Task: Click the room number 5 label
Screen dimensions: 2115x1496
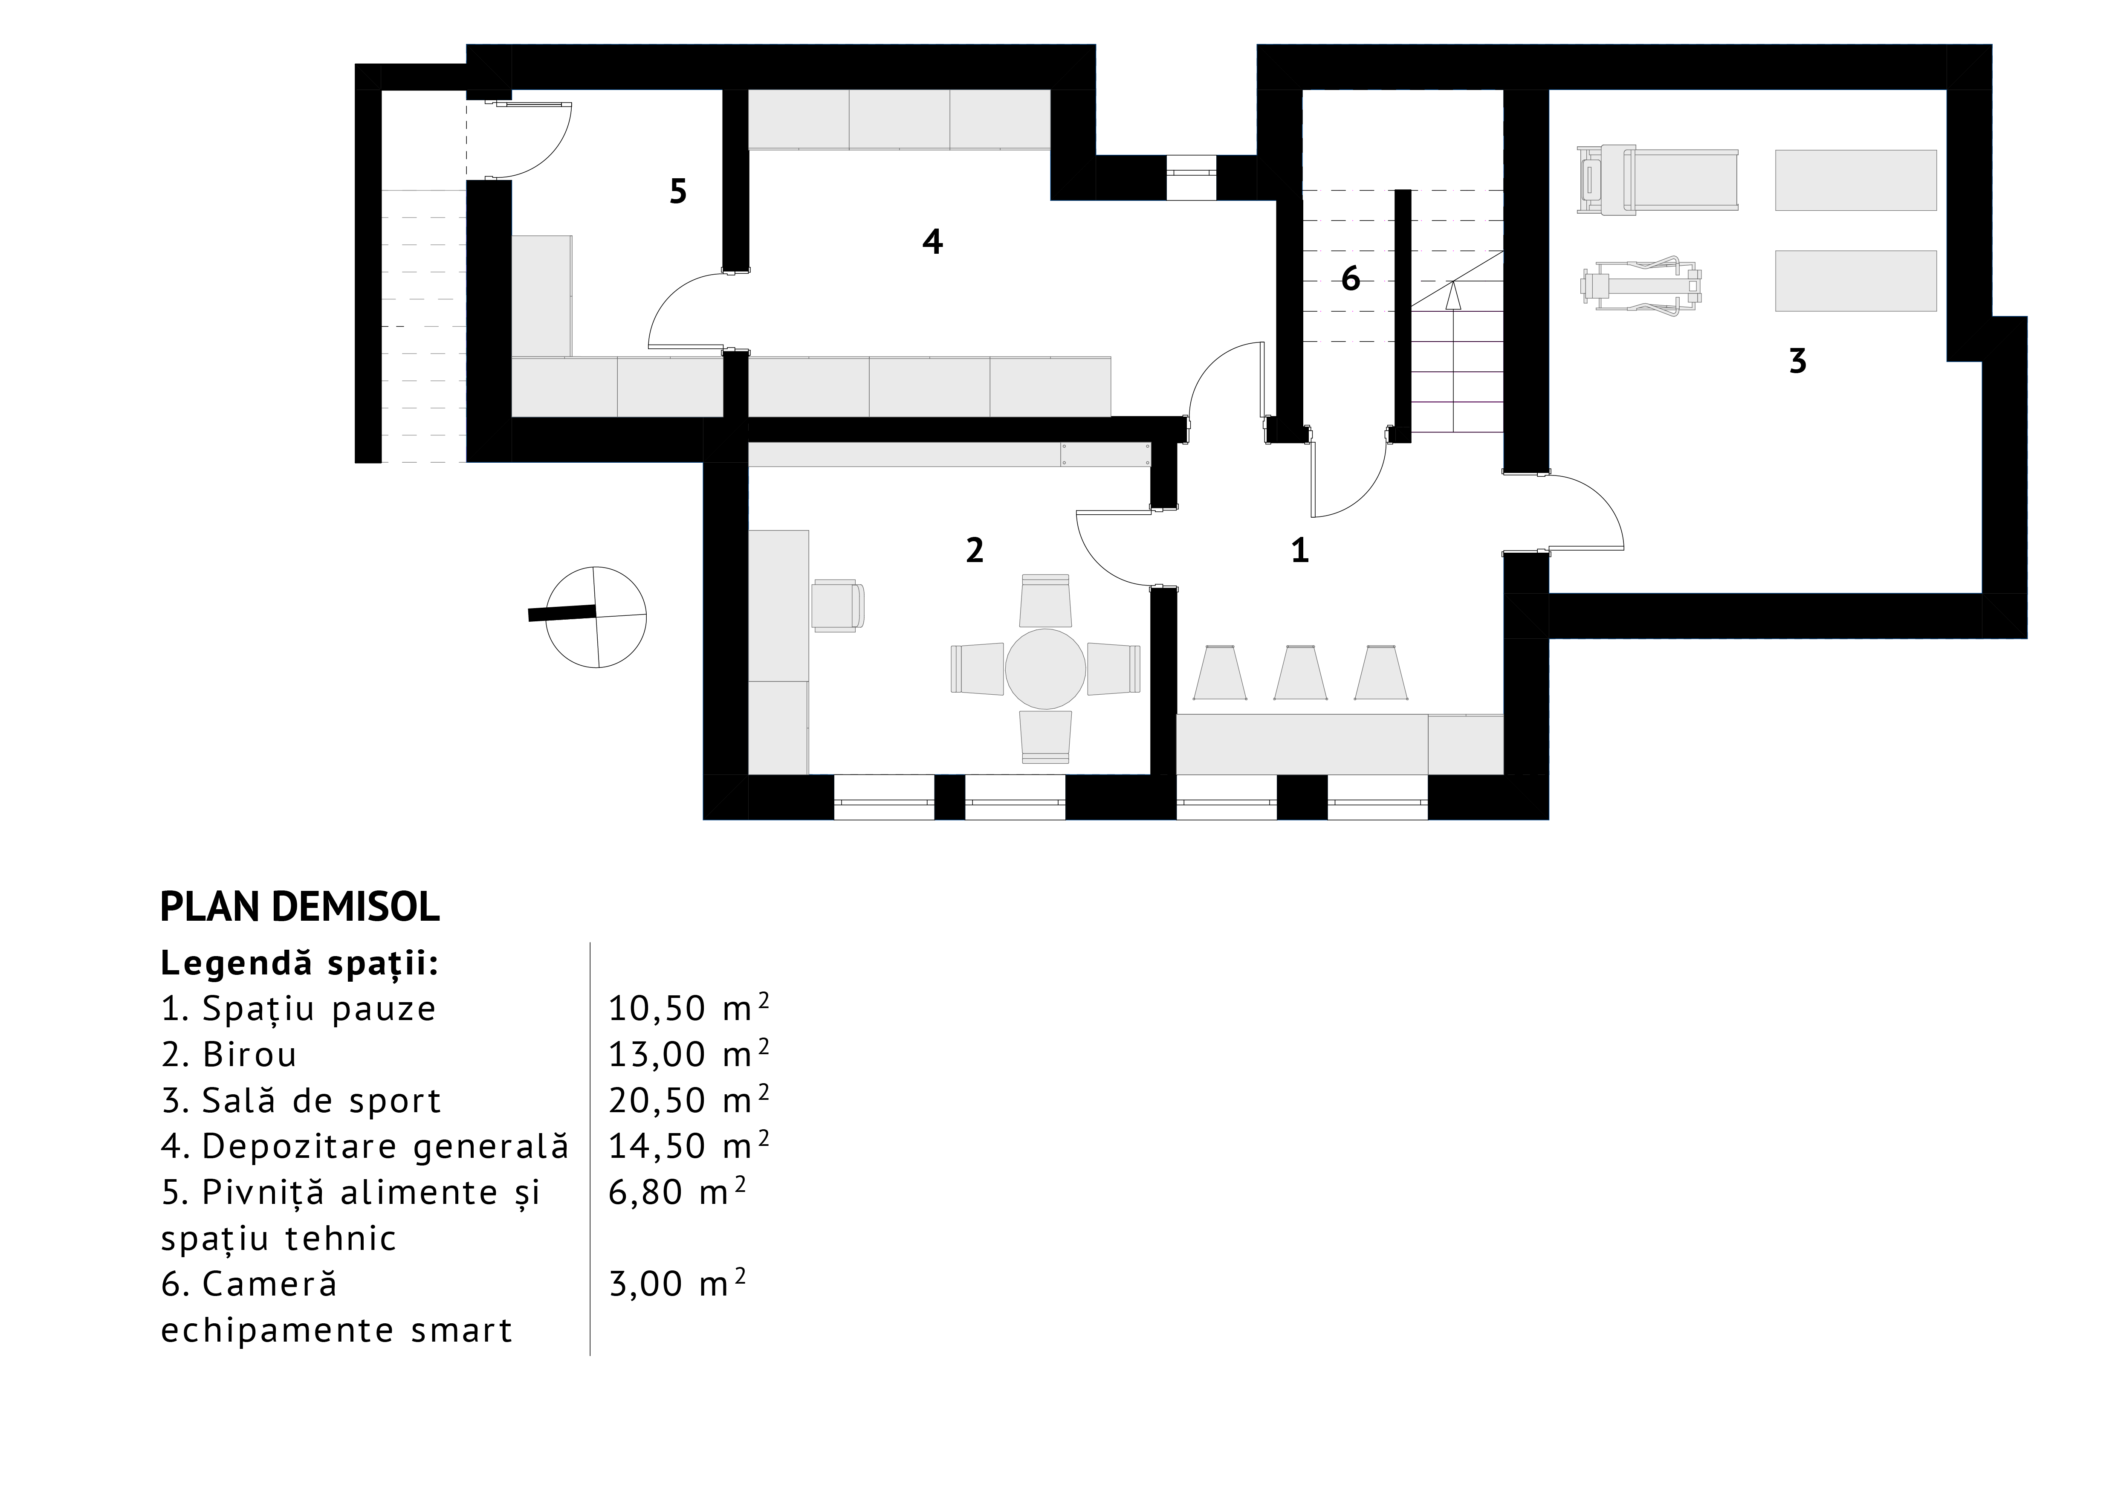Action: coord(678,191)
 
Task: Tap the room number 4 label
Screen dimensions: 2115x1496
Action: coord(932,241)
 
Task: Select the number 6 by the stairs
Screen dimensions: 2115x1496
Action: coord(1351,278)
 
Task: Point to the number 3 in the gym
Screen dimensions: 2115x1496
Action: coord(1797,361)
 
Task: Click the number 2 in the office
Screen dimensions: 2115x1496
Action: coord(975,550)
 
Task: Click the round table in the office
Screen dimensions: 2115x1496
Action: coord(1044,669)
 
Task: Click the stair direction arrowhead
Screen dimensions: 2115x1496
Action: coord(1454,295)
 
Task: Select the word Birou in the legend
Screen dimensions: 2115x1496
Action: coord(250,1054)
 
